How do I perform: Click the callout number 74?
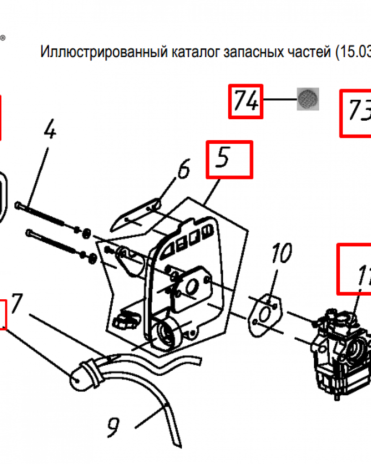(246, 101)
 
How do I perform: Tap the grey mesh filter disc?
(307, 99)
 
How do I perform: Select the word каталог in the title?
(198, 52)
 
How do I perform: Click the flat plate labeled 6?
(137, 216)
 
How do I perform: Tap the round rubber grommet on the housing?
(167, 334)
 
